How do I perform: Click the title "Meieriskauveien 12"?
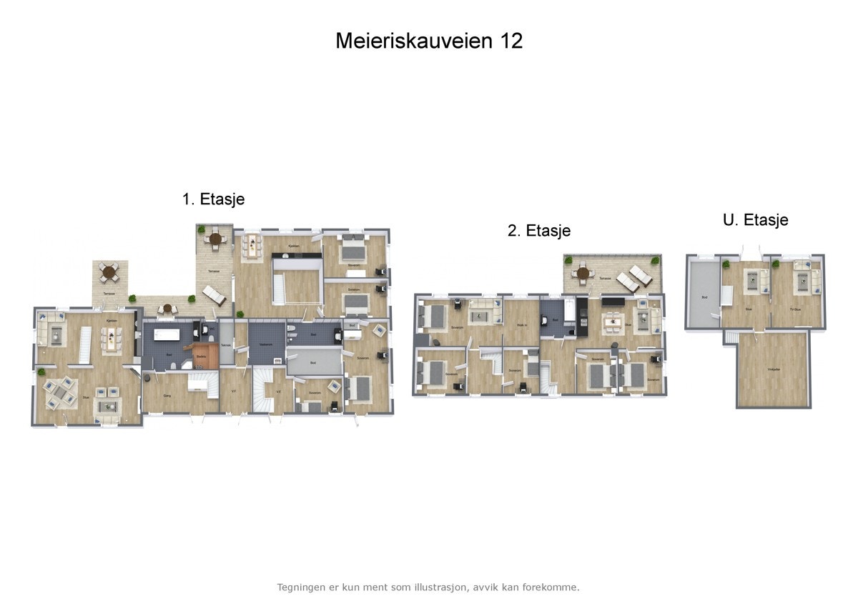pos(429,41)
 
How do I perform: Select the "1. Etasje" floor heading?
pos(213,199)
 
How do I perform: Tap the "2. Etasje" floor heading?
pos(539,231)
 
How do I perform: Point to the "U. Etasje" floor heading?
pos(756,220)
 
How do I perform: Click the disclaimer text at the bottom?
pos(428,587)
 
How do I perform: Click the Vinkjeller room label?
pos(773,369)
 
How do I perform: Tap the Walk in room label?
pos(522,325)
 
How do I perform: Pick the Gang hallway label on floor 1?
pos(167,395)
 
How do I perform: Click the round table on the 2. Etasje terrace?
pos(583,273)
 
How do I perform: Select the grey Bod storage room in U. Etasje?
pos(703,293)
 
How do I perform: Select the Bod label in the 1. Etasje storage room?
pos(314,363)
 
